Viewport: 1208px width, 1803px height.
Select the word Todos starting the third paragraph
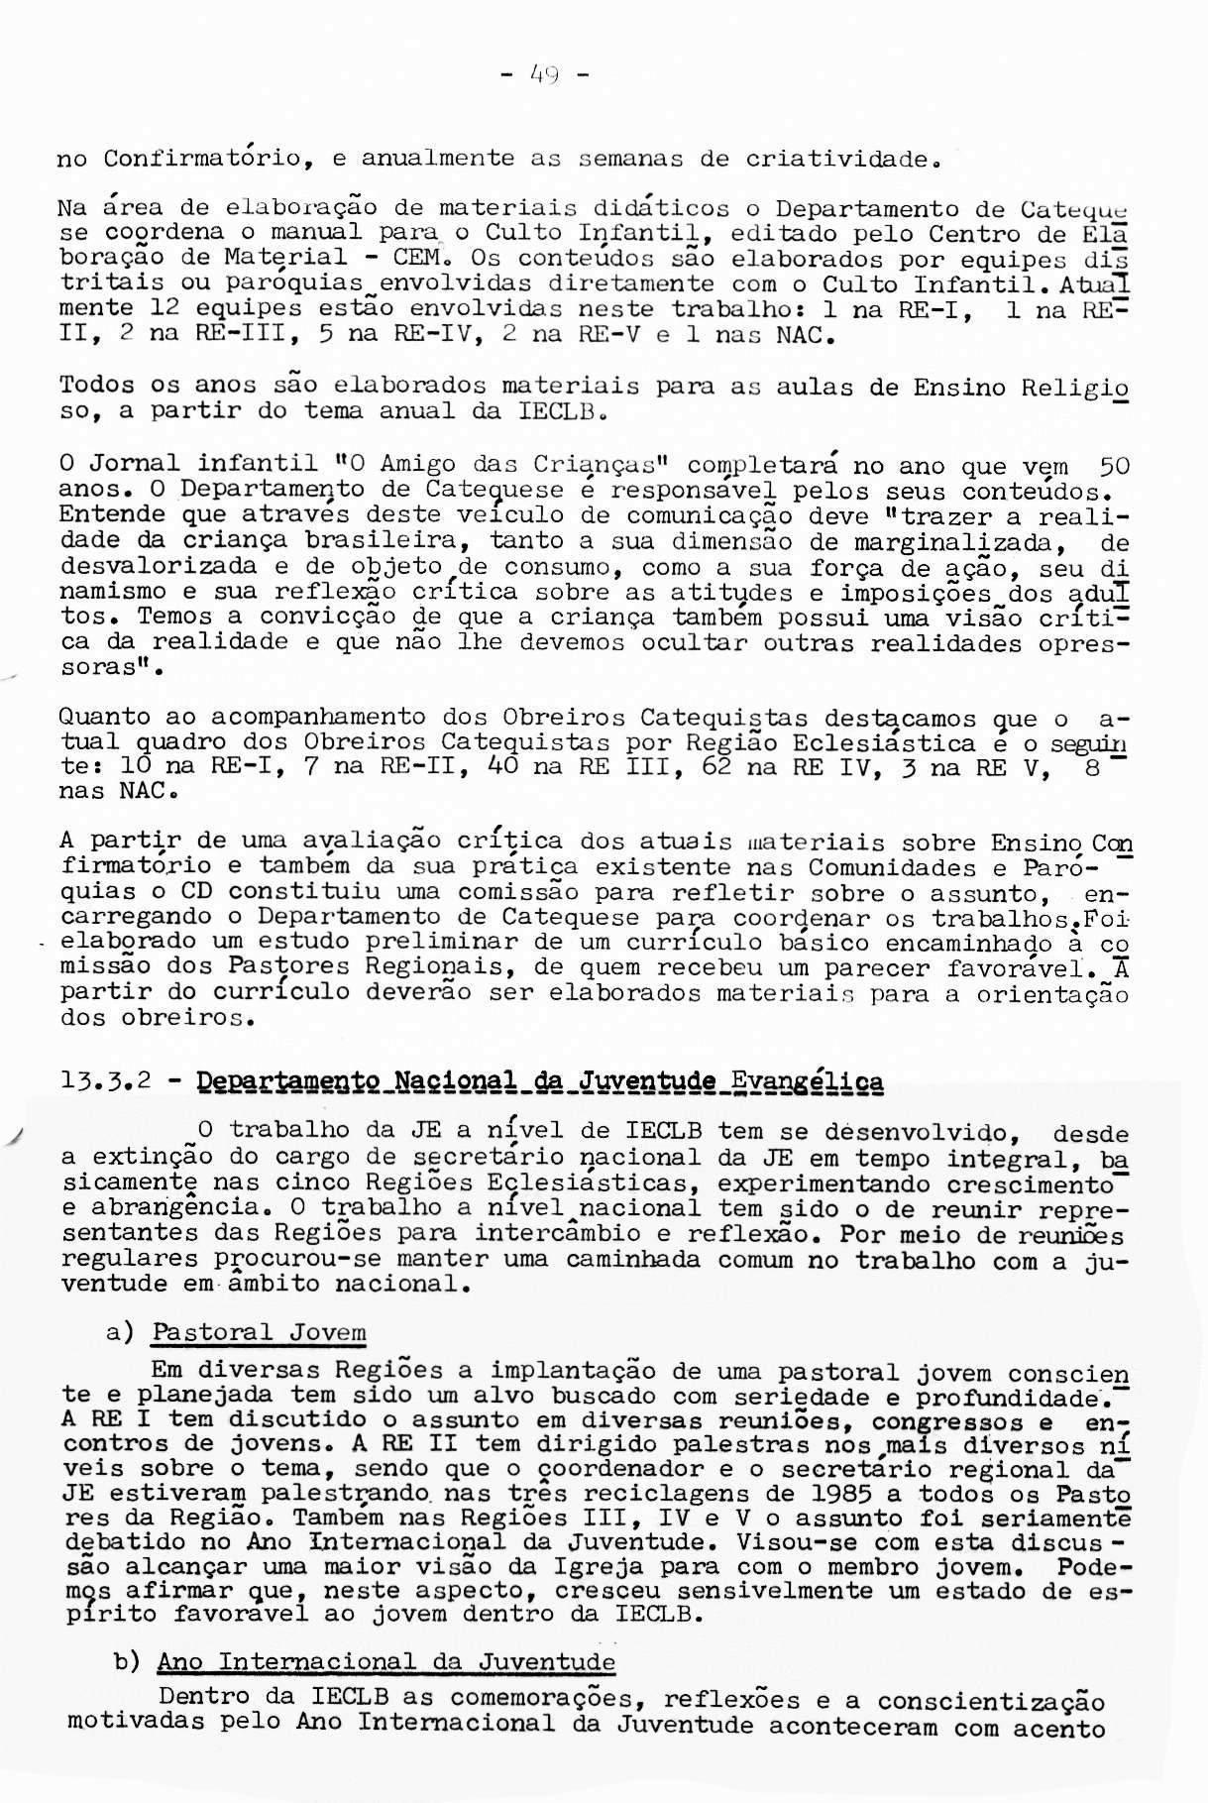coord(98,386)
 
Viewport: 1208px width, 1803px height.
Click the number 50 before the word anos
coord(1113,465)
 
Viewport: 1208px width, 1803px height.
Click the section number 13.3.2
coord(105,1080)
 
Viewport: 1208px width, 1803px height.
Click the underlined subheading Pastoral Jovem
coord(259,1332)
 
